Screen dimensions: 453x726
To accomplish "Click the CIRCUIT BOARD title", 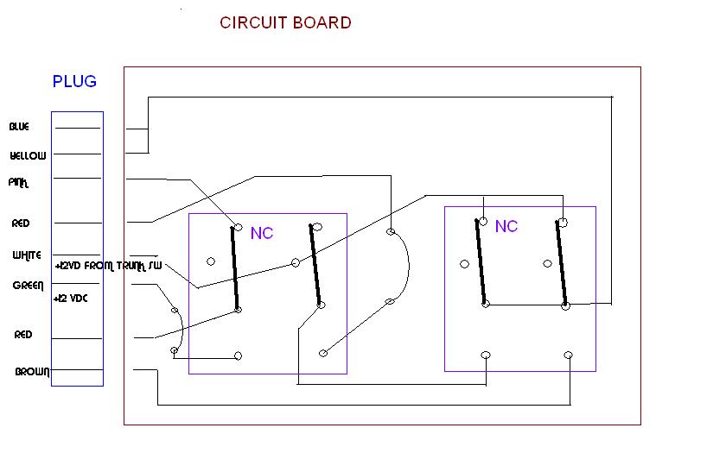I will tap(285, 23).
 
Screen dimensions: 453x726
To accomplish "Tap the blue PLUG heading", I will tap(74, 82).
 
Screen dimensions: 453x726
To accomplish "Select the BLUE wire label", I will tap(19, 127).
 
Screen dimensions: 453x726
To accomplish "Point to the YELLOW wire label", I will tap(28, 156).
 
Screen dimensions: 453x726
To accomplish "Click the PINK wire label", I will tap(19, 183).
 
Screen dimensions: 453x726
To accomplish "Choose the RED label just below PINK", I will tap(21, 223).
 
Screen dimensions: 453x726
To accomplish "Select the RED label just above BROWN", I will tap(23, 334).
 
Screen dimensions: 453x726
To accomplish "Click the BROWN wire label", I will tap(32, 372).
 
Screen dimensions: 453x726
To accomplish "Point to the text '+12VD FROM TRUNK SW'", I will tap(108, 266).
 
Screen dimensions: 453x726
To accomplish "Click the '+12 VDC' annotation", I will tap(71, 298).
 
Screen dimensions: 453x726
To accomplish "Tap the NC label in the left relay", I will tap(262, 233).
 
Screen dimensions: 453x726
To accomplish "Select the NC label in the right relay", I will tap(506, 226).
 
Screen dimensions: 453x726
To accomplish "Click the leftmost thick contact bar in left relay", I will tap(235, 268).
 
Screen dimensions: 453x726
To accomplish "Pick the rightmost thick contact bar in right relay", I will tap(563, 263).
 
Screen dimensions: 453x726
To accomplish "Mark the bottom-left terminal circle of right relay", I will tap(486, 355).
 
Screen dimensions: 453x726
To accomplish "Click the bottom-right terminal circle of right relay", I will tap(569, 355).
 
